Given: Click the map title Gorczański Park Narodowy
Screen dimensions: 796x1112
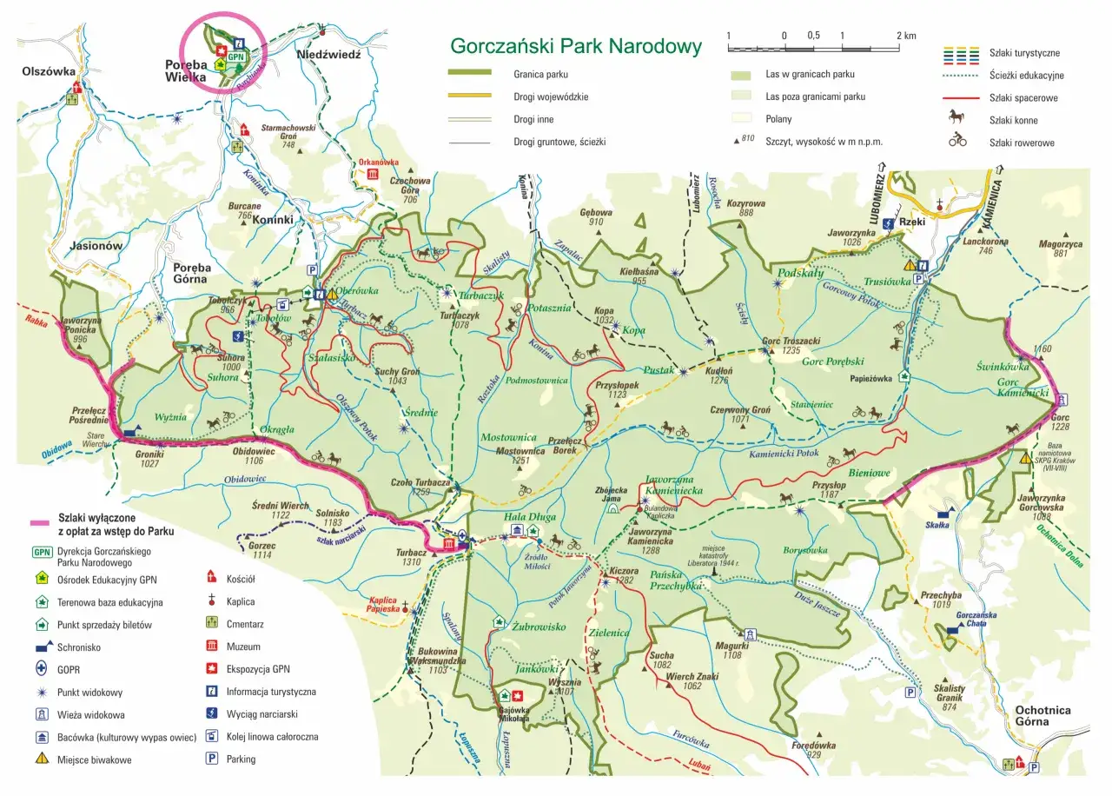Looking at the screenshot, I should [x=575, y=46].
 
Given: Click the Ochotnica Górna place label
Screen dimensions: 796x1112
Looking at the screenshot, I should [x=1042, y=716].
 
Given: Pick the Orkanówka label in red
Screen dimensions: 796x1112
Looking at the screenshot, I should [x=379, y=162].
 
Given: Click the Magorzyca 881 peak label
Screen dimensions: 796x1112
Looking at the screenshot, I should [x=1061, y=249].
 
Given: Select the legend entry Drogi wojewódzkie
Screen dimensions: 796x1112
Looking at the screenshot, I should [x=551, y=96].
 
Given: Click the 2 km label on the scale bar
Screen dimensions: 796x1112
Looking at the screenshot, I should [x=905, y=36].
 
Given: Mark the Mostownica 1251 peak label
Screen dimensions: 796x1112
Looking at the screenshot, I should [x=520, y=455].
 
